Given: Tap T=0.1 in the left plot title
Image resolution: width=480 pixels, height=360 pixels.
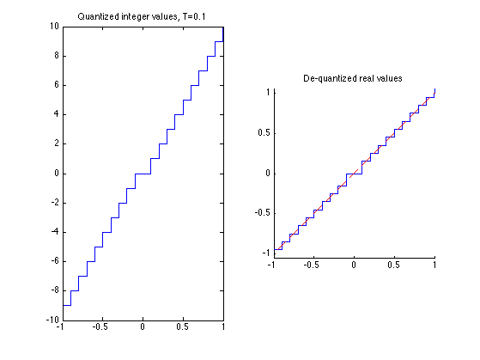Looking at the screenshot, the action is (194, 16).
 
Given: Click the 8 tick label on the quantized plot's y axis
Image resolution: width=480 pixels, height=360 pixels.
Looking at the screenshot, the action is (57, 56).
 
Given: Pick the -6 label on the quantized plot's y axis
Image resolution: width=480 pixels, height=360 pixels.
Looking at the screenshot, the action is (55, 261).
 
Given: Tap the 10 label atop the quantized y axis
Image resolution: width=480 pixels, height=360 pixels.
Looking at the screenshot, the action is (54, 27).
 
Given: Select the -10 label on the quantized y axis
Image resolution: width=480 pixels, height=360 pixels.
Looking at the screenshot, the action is (52, 320).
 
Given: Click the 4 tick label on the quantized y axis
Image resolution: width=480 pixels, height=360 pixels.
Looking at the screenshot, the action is (57, 114).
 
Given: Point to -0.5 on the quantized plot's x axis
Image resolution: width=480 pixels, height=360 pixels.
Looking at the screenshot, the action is (100, 326).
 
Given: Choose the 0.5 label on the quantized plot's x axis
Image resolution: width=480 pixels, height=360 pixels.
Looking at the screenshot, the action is (182, 326).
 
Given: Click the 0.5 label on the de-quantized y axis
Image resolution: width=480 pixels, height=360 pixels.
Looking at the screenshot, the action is (264, 133).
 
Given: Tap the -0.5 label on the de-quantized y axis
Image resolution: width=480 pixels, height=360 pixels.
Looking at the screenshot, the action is (263, 212).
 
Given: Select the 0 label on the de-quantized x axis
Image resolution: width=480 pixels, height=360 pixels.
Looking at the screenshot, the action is (354, 265).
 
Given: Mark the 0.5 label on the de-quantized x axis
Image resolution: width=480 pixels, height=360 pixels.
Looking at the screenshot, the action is (393, 265).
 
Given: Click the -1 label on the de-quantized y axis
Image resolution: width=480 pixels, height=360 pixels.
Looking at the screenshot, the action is (266, 253).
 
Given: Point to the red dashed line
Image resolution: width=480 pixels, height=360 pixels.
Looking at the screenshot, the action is (355, 174).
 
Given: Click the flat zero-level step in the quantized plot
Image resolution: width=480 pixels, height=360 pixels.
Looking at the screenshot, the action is (143, 174).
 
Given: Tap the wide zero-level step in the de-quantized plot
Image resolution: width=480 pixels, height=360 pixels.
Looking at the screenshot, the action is (354, 174).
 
